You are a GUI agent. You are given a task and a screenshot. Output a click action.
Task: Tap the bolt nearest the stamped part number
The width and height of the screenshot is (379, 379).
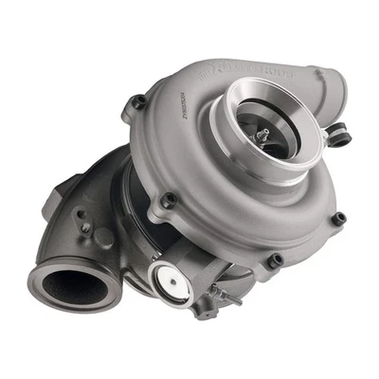click(x=139, y=100)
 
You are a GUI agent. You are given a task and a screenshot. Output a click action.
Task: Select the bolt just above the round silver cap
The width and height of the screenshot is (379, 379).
click(x=170, y=201)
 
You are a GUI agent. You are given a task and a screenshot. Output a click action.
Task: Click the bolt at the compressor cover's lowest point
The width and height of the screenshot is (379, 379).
click(x=276, y=260)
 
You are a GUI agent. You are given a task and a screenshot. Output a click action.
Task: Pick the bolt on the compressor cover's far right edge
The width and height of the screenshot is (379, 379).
click(x=338, y=219)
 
